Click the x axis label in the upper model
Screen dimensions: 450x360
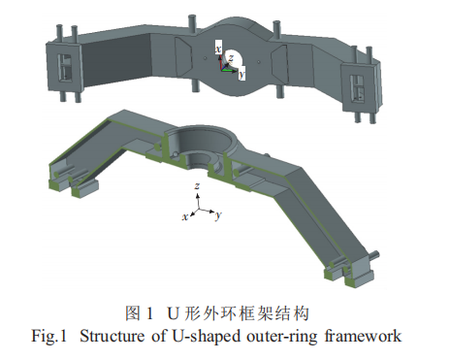(x=219, y=49)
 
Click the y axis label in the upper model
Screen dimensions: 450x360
(x=241, y=75)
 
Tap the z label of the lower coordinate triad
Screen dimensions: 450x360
(x=197, y=185)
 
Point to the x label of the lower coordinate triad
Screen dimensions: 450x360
(x=185, y=216)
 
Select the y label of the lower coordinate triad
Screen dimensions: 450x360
(x=219, y=214)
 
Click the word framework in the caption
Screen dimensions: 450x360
(x=363, y=336)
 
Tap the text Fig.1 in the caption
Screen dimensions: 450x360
(x=48, y=337)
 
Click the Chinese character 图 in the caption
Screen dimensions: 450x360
(x=133, y=313)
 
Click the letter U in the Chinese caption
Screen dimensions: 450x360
(x=173, y=313)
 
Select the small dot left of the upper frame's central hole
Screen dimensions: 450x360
(x=205, y=58)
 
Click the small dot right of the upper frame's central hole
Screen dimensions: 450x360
(x=258, y=61)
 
